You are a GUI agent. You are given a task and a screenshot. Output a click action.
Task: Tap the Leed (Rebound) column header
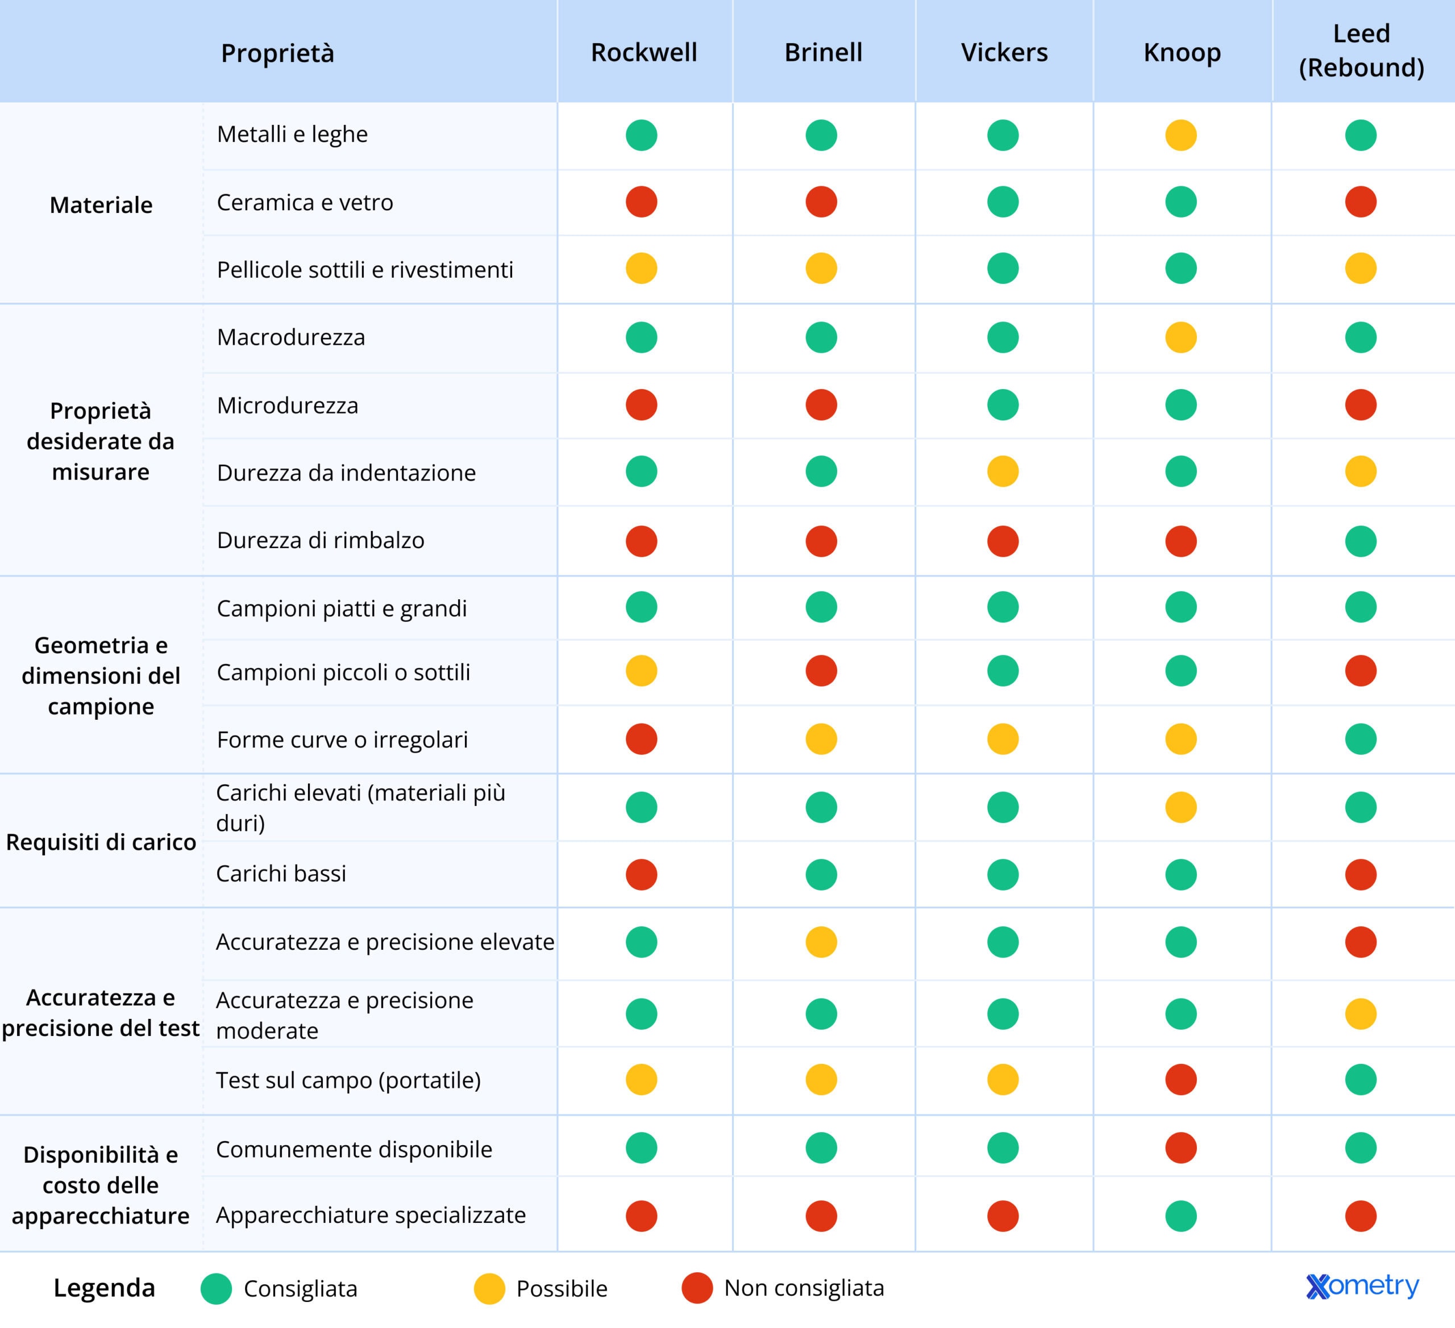pos(1361,51)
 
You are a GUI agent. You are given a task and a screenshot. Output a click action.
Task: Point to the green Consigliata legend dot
pos(216,1288)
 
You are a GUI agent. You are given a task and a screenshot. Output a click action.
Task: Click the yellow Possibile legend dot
pos(489,1288)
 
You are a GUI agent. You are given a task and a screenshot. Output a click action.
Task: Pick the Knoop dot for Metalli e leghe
pos(1180,135)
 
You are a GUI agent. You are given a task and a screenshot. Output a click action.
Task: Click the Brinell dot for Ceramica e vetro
pos(821,202)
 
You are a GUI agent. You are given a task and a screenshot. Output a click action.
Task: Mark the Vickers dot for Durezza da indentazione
pos(1003,472)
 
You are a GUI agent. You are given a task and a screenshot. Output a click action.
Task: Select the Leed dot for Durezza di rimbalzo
pos(1361,541)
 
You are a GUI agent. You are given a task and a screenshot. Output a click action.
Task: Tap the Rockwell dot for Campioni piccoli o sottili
pos(642,671)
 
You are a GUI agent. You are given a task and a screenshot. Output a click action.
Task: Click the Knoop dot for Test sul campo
pos(1180,1080)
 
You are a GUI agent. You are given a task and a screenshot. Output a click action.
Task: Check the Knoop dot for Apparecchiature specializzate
pos(1180,1216)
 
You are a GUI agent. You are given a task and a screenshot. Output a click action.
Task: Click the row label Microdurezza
pos(287,406)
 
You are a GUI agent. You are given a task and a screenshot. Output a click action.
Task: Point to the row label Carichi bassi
pos(281,874)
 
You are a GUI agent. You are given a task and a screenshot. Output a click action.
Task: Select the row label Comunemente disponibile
pos(354,1149)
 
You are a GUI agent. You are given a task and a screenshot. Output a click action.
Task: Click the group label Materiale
pos(101,205)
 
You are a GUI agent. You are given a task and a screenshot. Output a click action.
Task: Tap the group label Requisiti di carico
pos(101,842)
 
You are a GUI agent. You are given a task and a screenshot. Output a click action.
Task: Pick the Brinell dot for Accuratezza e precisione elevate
pos(821,942)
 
